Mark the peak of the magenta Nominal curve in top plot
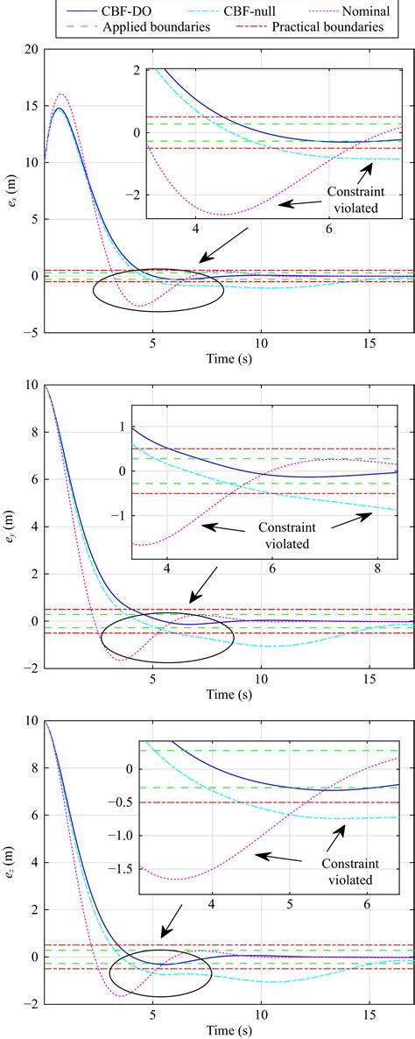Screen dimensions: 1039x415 coord(60,93)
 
